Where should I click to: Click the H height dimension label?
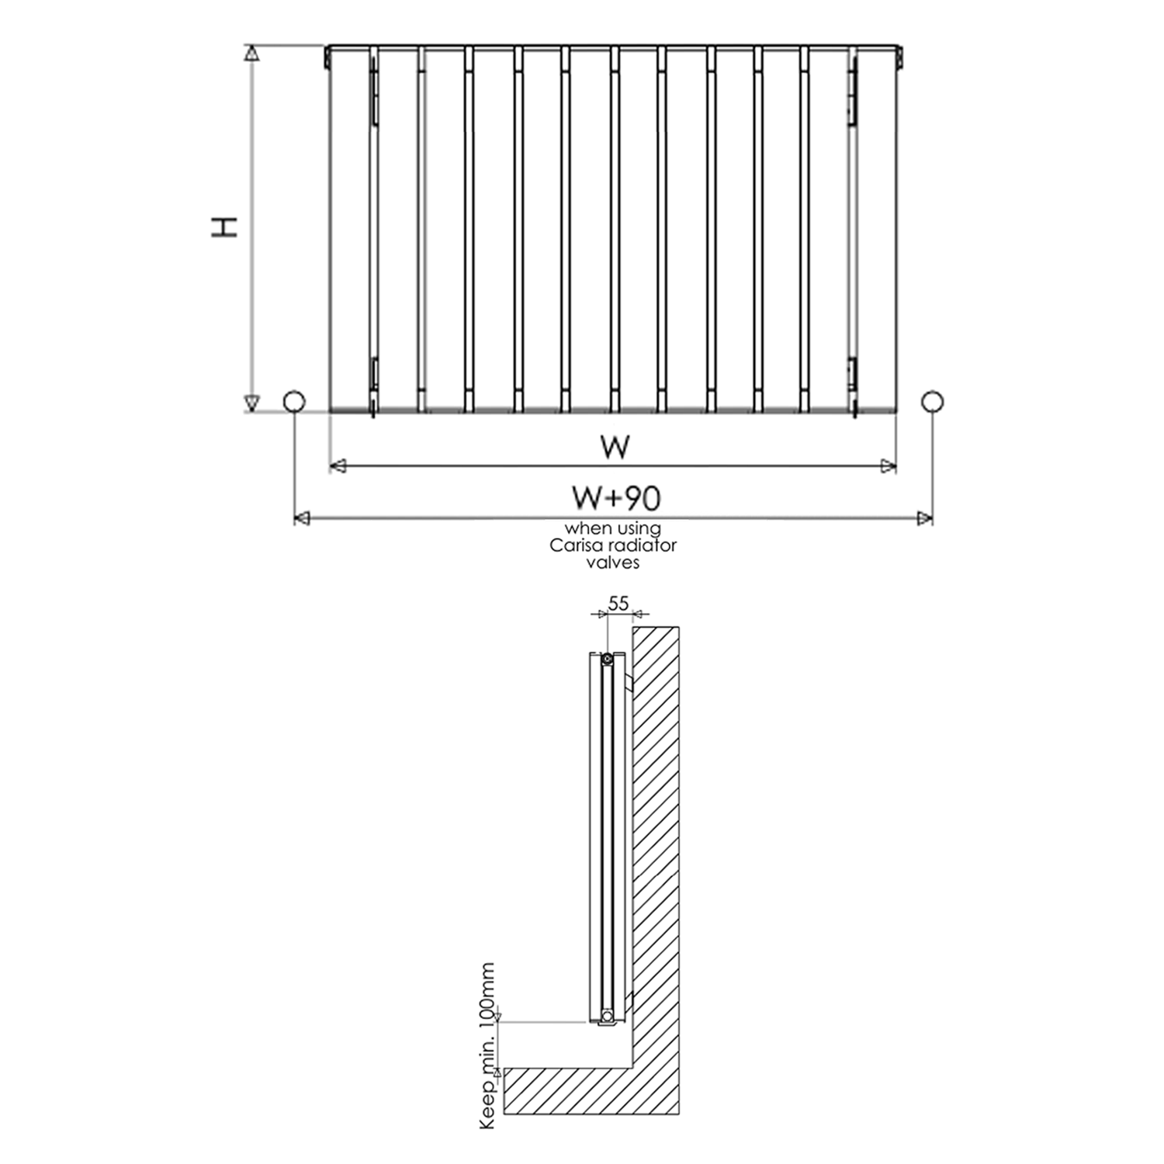pos(225,227)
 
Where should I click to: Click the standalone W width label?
pos(615,447)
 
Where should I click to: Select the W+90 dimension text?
pos(616,498)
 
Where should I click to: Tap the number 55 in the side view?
pos(618,603)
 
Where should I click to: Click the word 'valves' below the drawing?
pos(613,563)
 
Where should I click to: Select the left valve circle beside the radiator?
pos(294,402)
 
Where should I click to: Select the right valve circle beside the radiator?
pos(932,401)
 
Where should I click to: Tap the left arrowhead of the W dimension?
pos(338,466)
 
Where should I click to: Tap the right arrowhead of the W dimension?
pos(889,466)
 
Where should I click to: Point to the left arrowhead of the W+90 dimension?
pos(302,518)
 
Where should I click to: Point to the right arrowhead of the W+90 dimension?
pos(924,518)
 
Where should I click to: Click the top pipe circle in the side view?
pos(607,659)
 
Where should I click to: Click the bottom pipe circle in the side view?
pos(607,1014)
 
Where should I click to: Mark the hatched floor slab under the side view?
pos(566,1090)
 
